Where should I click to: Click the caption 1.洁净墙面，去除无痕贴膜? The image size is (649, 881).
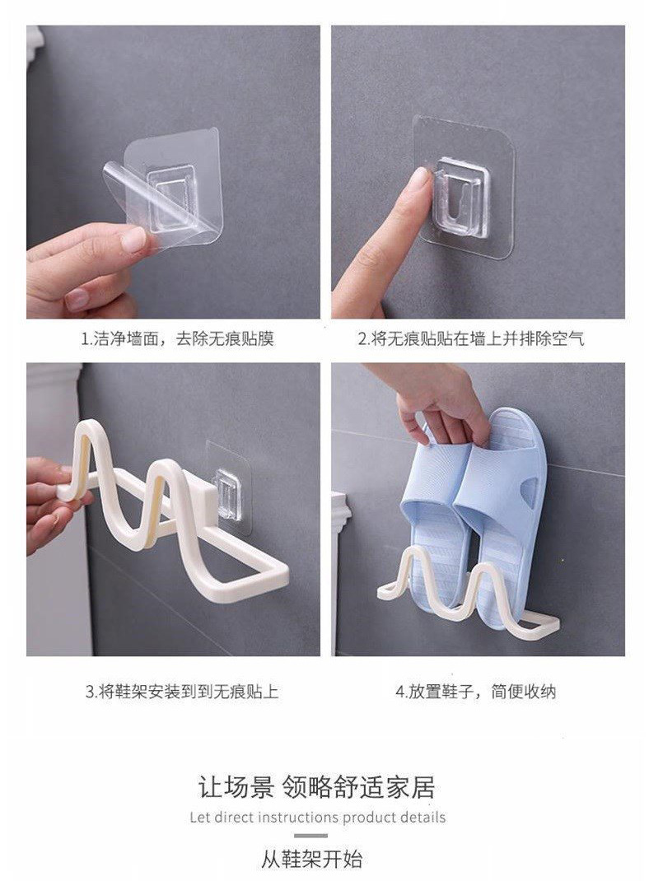[x=177, y=338]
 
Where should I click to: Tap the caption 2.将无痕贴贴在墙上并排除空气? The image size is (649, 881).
[x=470, y=338]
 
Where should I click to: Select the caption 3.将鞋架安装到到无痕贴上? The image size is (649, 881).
[x=182, y=692]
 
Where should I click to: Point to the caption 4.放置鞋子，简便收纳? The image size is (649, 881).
[x=475, y=692]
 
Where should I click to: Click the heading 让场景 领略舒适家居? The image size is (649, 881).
[x=316, y=787]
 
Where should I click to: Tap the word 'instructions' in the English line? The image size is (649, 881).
[x=298, y=818]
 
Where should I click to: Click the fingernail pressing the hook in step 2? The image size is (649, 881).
[x=418, y=179]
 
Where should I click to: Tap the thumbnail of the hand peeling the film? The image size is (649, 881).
[x=133, y=240]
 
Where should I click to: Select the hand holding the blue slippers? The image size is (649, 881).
[x=441, y=403]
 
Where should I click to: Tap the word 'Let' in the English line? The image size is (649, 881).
[x=199, y=818]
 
